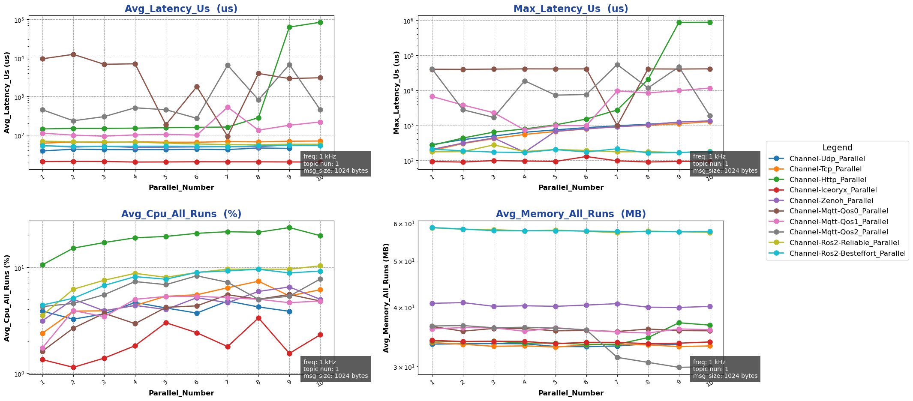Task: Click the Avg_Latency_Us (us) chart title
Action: point(181,9)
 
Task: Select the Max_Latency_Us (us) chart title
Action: point(571,9)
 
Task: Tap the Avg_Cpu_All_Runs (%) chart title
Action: point(181,214)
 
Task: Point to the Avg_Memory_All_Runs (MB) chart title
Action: point(571,214)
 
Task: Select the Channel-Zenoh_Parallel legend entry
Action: point(831,201)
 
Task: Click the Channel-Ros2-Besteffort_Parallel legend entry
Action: point(847,254)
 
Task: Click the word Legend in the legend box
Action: point(837,148)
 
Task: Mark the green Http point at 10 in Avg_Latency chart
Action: point(320,22)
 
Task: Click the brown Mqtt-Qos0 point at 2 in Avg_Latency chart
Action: point(73,54)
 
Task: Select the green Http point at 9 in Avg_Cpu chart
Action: point(289,227)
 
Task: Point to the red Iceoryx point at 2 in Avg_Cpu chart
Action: point(73,367)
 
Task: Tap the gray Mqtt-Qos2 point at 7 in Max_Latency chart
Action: point(617,65)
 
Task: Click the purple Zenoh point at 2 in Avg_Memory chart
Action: point(463,302)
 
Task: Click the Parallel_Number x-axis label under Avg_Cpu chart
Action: point(181,393)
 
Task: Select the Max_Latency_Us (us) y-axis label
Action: point(396,93)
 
